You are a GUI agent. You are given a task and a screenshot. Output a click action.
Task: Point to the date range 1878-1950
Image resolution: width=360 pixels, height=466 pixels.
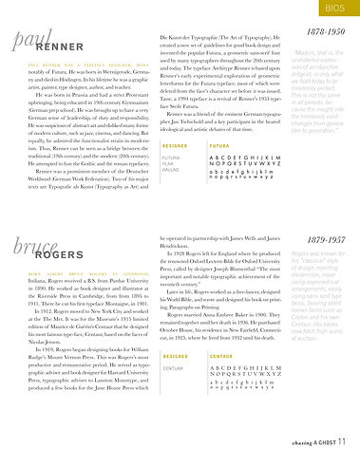(x=324, y=32)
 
